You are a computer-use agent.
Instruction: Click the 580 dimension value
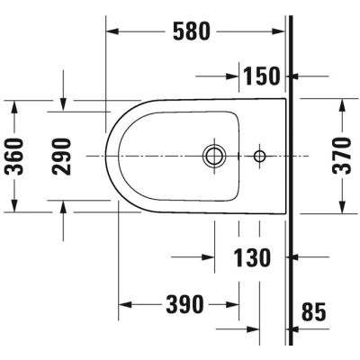click(191, 31)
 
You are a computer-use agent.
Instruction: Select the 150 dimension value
click(261, 76)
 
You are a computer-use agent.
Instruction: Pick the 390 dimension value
click(184, 303)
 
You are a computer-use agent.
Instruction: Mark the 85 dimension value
click(315, 312)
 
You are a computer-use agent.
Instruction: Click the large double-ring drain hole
click(214, 156)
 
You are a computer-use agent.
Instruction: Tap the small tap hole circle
click(259, 156)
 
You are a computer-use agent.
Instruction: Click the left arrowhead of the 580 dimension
click(113, 31)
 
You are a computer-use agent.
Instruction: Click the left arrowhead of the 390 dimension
click(124, 303)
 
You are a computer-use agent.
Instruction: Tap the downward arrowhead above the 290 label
click(63, 105)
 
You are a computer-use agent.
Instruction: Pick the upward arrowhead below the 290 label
click(63, 207)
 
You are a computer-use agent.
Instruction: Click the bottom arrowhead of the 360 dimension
click(14, 207)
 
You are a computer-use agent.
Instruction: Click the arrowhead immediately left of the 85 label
click(297, 312)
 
